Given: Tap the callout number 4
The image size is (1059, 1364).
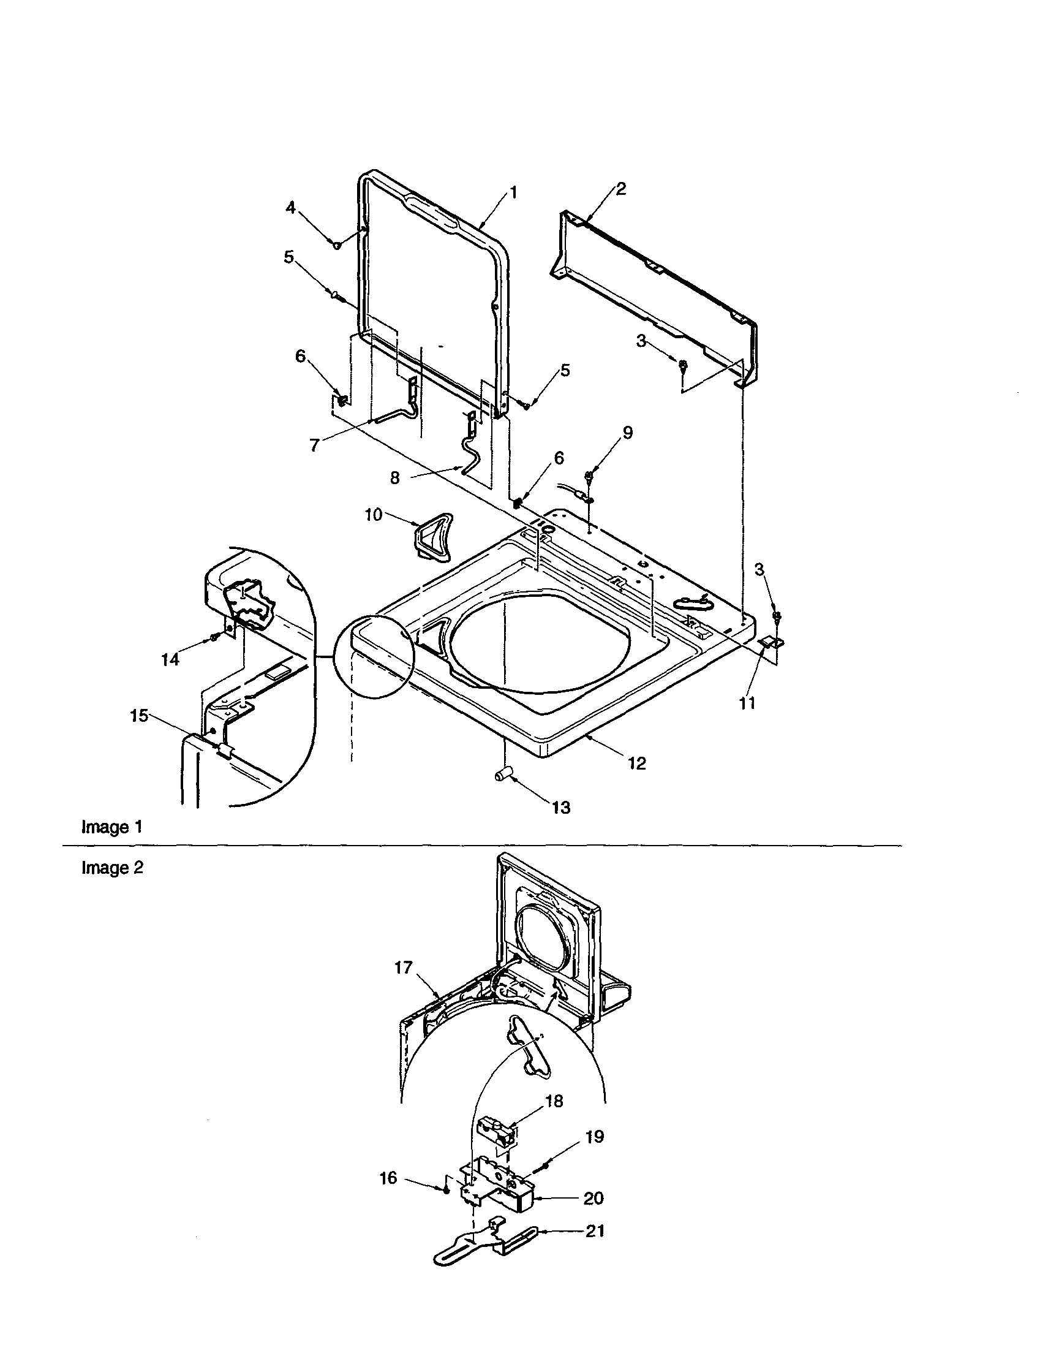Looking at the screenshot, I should point(291,208).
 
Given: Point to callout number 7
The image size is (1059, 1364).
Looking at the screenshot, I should point(315,445).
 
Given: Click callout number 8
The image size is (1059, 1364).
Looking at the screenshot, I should point(394,478).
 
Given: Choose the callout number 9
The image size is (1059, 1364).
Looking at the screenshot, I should point(628,432).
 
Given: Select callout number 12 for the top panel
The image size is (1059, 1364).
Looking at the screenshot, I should point(637,763).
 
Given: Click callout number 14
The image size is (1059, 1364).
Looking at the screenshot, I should point(170,659).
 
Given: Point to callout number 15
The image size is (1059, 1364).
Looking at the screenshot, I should point(138,716).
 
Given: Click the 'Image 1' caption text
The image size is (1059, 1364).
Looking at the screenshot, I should point(113,827).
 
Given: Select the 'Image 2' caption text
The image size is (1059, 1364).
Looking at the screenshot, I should point(113,868).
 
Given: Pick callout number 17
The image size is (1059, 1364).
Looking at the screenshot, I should point(404,968).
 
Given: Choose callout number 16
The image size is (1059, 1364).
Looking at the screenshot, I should point(388,1178).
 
